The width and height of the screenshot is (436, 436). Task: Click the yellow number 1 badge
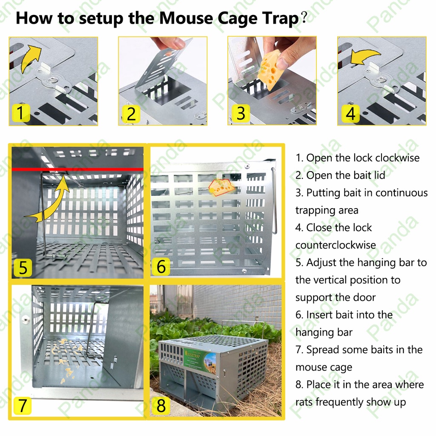pos(21,112)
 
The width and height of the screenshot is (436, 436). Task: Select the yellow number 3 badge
pos(241,113)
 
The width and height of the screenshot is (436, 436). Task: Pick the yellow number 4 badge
pos(350,114)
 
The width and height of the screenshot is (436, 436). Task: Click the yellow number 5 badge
pos(23,267)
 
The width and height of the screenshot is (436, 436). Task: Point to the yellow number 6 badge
pos(161,267)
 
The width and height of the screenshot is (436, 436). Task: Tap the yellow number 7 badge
pos(22,405)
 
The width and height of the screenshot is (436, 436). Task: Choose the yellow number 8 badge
pos(161,406)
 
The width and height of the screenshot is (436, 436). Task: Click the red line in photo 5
pos(77,169)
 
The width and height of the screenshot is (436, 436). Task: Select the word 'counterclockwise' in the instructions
pos(336,245)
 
